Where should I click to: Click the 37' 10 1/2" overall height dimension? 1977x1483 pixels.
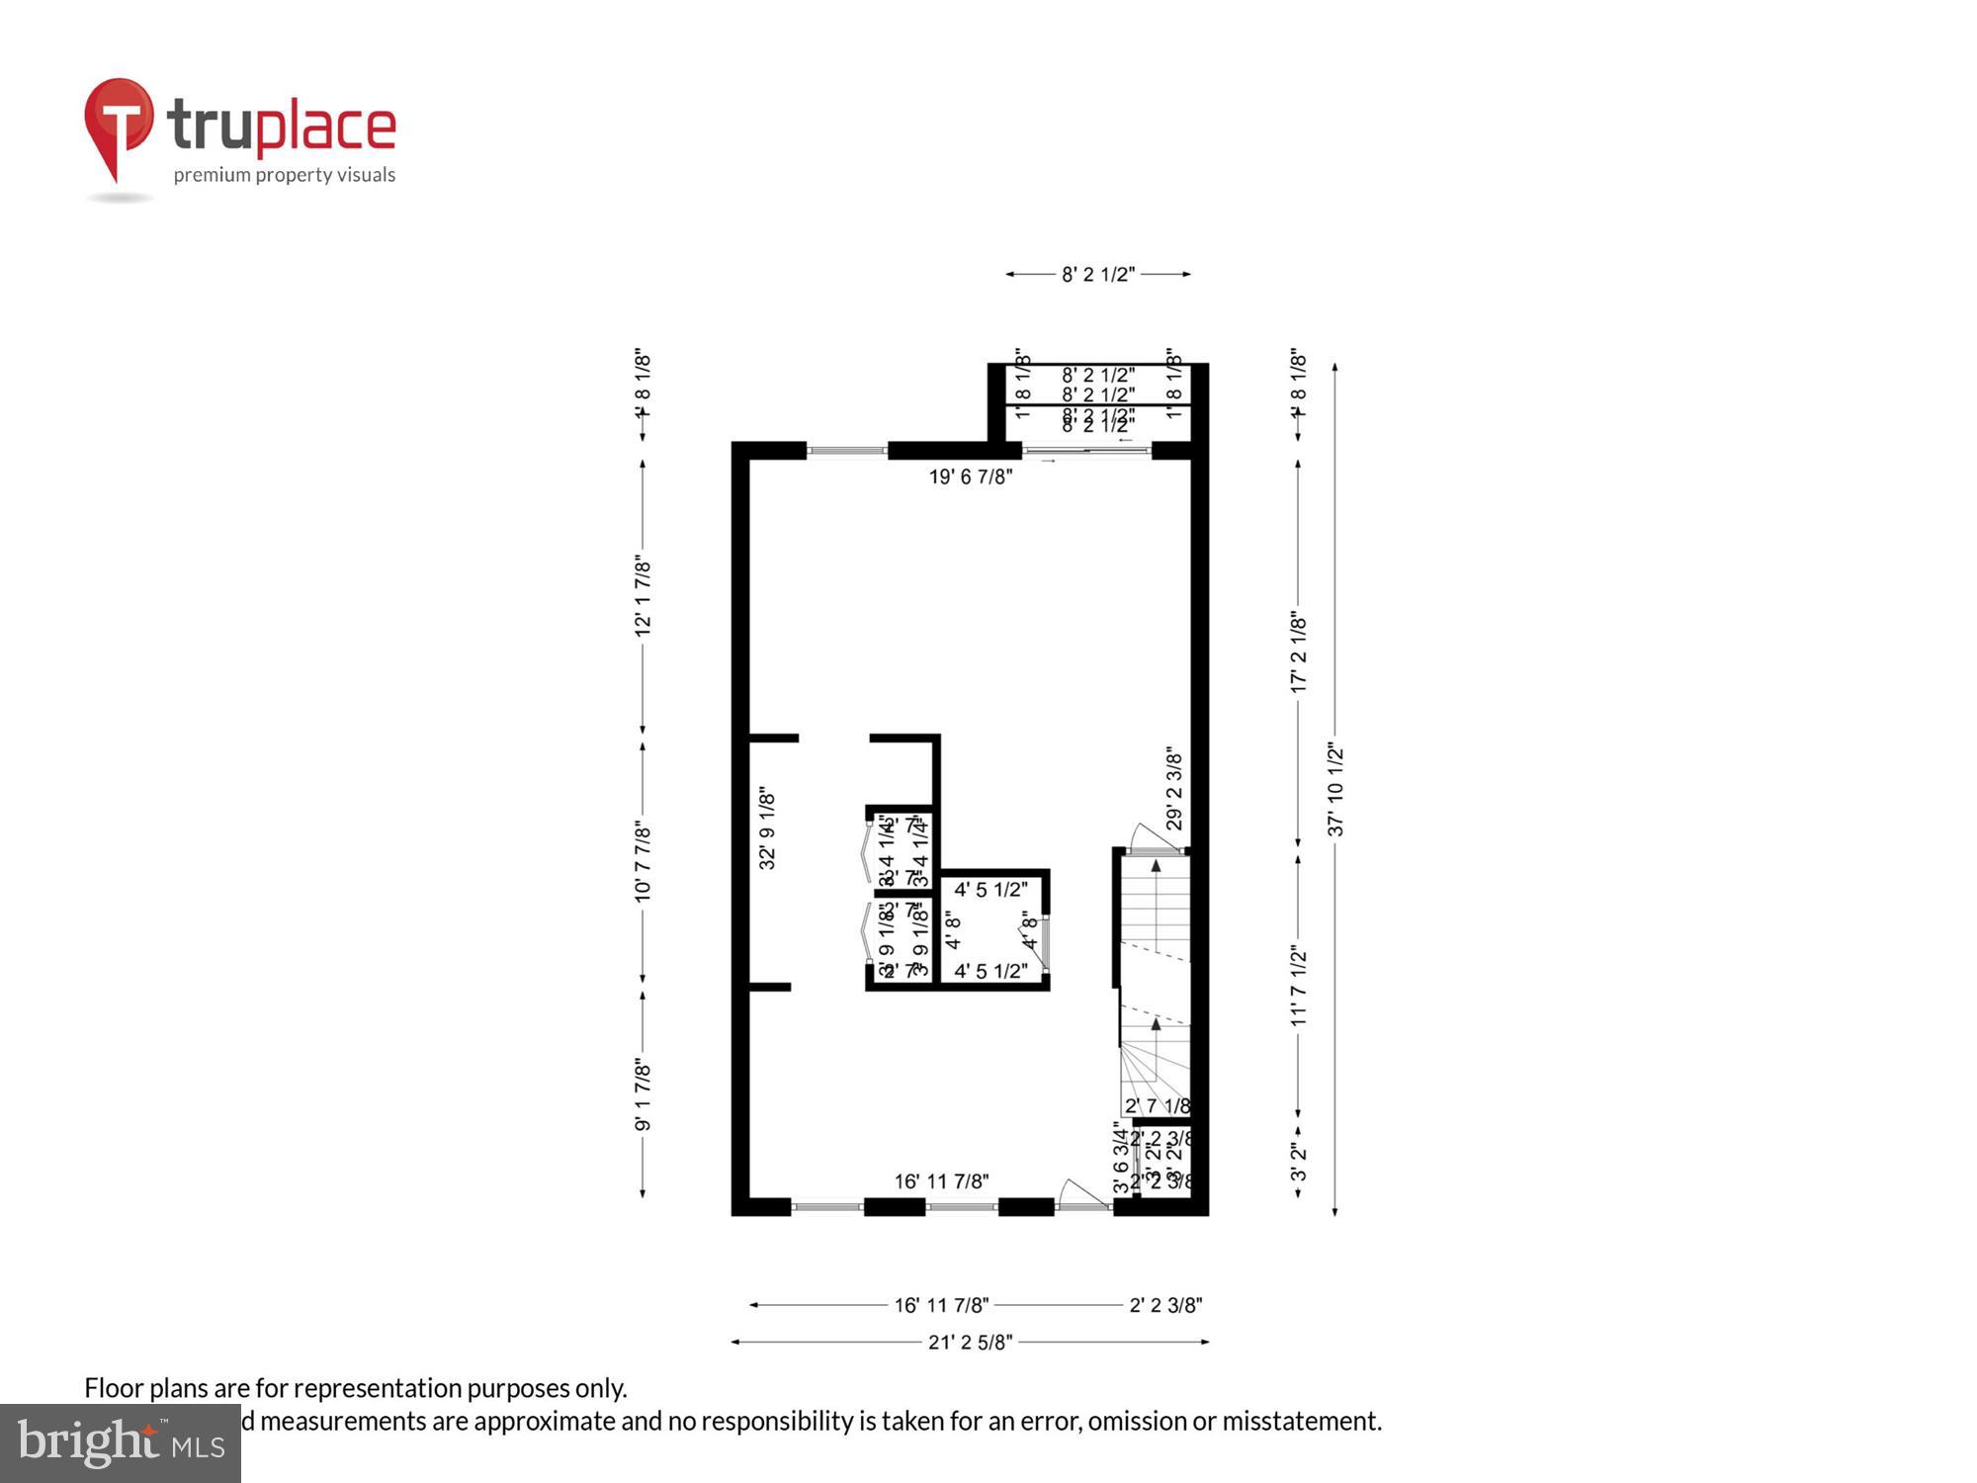click(1335, 789)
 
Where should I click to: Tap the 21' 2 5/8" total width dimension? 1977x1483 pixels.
click(970, 1342)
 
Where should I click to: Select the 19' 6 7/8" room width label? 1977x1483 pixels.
click(970, 478)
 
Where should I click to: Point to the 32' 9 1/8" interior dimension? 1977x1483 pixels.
click(767, 829)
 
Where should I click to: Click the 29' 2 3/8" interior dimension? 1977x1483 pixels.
click(1174, 788)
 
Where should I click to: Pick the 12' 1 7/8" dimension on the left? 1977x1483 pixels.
click(643, 595)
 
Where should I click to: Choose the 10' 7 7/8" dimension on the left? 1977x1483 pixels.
click(643, 861)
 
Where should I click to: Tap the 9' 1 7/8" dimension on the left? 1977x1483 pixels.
click(643, 1095)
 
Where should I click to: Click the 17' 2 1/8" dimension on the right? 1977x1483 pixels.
click(1299, 653)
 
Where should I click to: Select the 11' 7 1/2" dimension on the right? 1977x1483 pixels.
click(1299, 985)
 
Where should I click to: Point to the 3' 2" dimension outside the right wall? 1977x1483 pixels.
click(1299, 1162)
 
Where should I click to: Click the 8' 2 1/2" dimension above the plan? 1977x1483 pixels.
click(1097, 274)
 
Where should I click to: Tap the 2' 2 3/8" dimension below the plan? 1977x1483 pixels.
click(1165, 1305)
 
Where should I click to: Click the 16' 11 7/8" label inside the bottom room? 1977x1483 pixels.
click(941, 1181)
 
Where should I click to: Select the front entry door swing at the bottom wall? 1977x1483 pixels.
click(1081, 1194)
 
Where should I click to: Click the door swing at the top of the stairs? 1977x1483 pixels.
click(1153, 838)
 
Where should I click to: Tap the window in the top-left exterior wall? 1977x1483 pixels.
click(847, 451)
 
